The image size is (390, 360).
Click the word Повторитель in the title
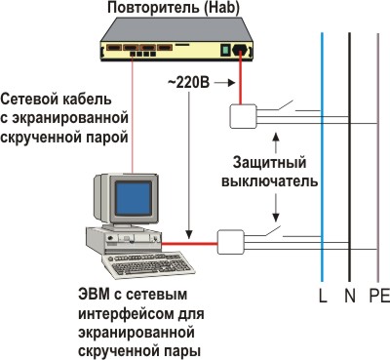(153, 8)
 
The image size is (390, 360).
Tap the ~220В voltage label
(188, 83)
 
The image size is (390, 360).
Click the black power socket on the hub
(239, 50)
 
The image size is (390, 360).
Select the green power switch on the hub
(225, 51)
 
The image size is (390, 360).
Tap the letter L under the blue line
(323, 296)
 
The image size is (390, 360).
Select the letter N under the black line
(350, 296)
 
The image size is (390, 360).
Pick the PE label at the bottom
(379, 296)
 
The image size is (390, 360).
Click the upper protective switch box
(244, 116)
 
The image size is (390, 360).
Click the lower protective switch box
(230, 242)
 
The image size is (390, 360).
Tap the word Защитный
(269, 163)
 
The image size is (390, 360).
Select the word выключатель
(269, 181)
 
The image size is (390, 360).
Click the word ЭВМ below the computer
(93, 295)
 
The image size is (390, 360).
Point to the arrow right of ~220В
(225, 83)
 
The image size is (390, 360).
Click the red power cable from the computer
(189, 243)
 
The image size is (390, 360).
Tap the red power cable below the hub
(241, 79)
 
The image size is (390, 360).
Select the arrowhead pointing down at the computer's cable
(189, 235)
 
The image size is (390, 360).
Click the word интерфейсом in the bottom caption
(127, 314)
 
